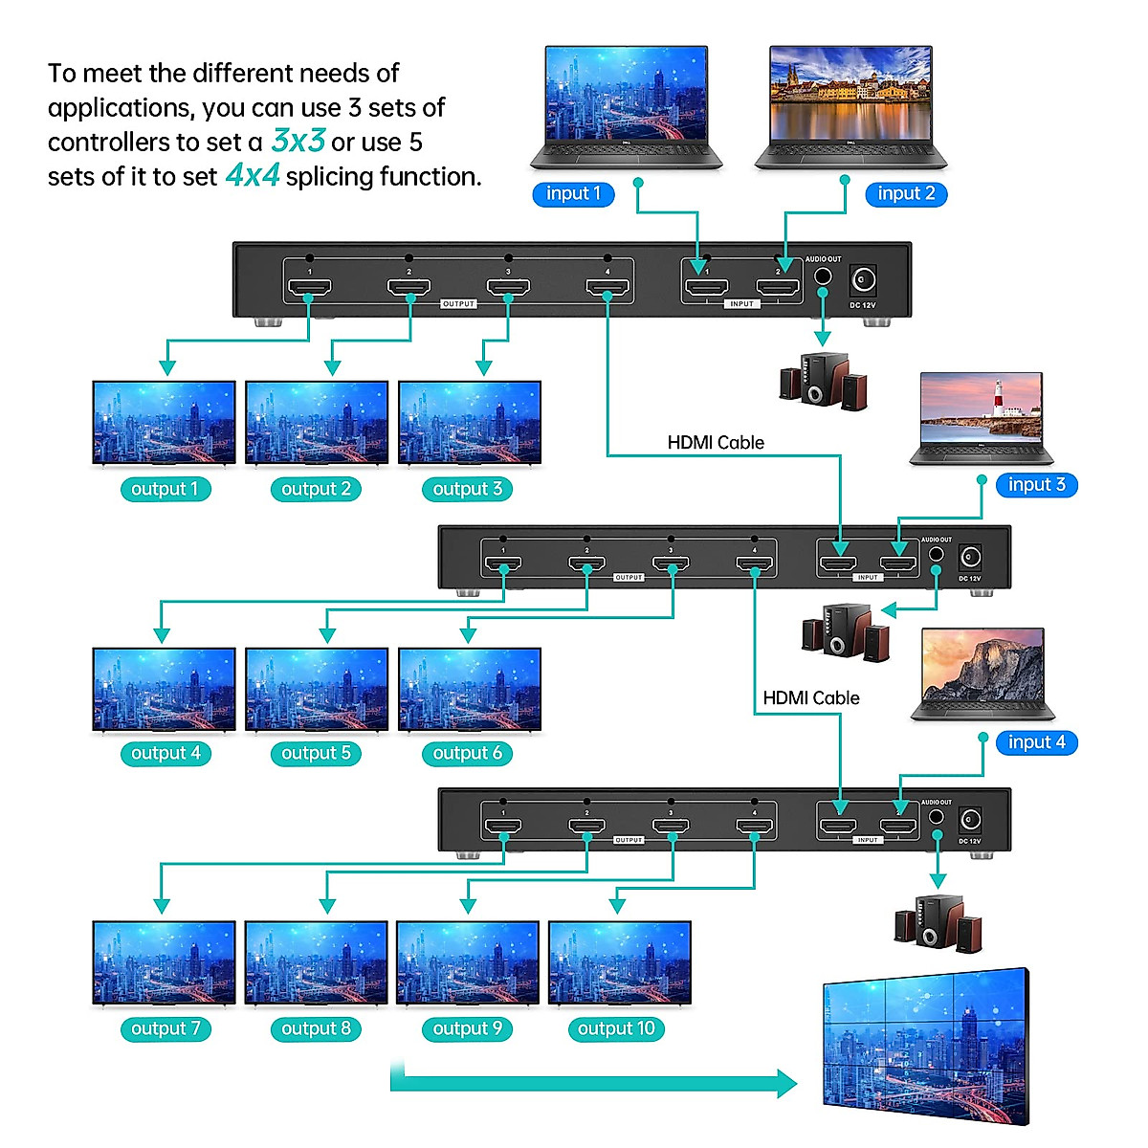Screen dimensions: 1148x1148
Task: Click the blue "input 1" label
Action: coord(573,194)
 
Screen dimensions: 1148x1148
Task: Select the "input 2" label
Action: coord(906,194)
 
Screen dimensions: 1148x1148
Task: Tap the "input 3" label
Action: coord(1036,485)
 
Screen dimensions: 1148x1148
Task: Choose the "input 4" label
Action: coord(1036,742)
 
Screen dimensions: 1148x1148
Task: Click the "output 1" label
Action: coord(165,490)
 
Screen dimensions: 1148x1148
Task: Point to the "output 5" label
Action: coord(316,754)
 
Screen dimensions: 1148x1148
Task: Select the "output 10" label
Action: coord(616,1029)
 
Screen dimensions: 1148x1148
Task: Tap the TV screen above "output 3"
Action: coord(469,423)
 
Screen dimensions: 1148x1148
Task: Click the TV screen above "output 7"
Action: coord(164,963)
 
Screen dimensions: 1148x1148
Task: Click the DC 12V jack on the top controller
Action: coord(864,280)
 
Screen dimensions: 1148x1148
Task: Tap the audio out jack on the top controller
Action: coord(822,277)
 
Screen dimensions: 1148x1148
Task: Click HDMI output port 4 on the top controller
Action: coord(607,287)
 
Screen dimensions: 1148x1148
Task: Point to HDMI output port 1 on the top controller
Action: coord(308,287)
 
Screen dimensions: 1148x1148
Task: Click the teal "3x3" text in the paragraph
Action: coord(298,142)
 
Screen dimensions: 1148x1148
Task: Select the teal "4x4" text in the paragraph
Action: coord(253,176)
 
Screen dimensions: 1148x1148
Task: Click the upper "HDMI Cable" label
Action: coord(716,443)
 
